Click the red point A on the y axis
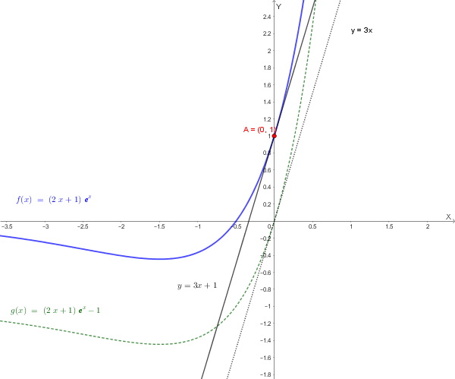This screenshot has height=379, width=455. pyautogui.click(x=274, y=136)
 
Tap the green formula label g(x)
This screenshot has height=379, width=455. pyautogui.click(x=55, y=310)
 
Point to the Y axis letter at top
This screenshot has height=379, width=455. pyautogui.click(x=279, y=5)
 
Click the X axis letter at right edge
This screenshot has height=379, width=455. pyautogui.click(x=448, y=217)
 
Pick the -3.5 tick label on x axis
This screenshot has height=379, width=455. pyautogui.click(x=7, y=226)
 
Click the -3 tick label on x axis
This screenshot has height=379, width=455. pyautogui.click(x=46, y=226)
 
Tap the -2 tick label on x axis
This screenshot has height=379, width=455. pyautogui.click(x=121, y=226)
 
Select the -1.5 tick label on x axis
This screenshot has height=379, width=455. pyautogui.click(x=158, y=226)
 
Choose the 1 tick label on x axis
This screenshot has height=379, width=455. pyautogui.click(x=350, y=226)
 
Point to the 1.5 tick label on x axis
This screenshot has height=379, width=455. pyautogui.click(x=389, y=226)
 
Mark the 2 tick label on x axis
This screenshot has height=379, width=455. pyautogui.click(x=427, y=226)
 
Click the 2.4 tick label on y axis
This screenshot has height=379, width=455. pyautogui.click(x=267, y=17)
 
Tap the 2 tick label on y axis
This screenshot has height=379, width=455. pyautogui.click(x=269, y=51)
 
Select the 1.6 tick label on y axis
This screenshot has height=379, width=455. pyautogui.click(x=267, y=85)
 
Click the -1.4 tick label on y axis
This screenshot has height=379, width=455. pyautogui.click(x=266, y=340)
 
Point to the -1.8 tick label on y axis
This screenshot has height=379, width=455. pyautogui.click(x=266, y=374)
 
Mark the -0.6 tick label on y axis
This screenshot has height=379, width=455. pyautogui.click(x=266, y=272)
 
